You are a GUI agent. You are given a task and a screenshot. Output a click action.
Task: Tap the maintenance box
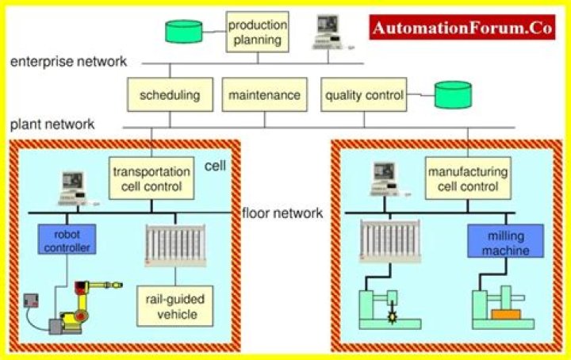264,96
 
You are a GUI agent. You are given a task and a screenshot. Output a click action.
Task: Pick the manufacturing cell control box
463,179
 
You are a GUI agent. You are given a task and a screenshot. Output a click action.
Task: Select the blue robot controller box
66,239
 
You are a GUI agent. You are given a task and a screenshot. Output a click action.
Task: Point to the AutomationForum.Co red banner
462,29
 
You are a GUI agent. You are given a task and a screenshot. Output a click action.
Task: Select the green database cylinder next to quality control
452,96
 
